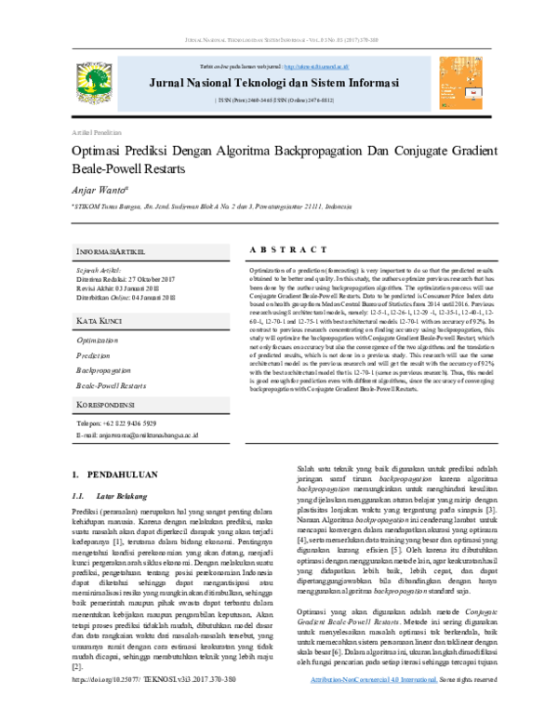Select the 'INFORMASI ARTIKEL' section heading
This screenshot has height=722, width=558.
[x=112, y=253]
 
